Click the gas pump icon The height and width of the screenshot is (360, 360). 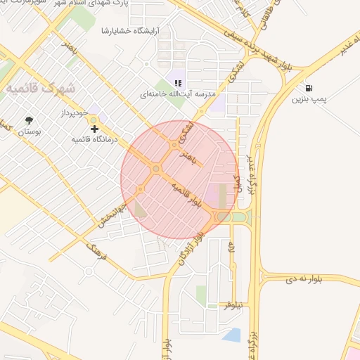pos(309,89)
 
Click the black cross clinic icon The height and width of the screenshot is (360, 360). pos(94,129)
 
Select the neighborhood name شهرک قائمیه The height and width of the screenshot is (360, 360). pos(41,89)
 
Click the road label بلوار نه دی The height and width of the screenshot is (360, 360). pos(304,279)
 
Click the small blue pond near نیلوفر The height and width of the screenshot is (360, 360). pos(232,335)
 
